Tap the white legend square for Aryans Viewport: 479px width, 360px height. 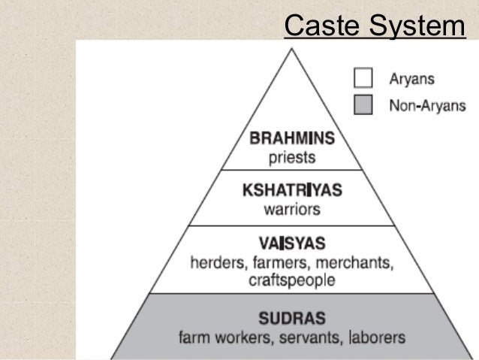coord(363,77)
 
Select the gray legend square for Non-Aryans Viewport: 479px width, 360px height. coord(363,104)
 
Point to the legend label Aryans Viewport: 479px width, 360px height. coord(411,77)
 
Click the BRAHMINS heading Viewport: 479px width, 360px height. coord(292,140)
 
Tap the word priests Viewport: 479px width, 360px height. coord(292,158)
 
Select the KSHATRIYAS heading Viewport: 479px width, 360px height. coord(292,189)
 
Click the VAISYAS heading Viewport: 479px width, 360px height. coord(292,244)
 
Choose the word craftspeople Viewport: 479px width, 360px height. coord(292,280)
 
